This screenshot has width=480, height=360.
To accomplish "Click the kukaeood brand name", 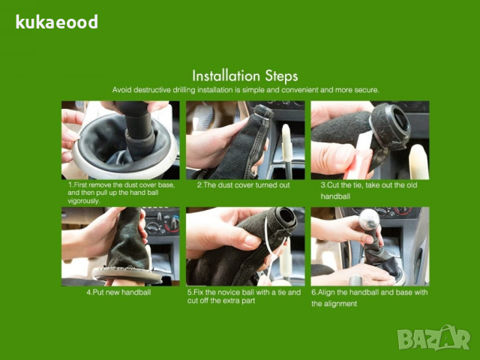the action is (57, 22).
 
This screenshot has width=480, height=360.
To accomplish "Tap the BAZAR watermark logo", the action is (433, 337).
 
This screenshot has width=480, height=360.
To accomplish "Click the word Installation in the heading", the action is (226, 75).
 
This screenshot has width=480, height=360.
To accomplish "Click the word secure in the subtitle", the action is (367, 90).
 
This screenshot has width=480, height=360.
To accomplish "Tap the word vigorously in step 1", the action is (84, 201).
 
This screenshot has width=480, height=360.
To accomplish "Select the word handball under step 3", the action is (335, 196).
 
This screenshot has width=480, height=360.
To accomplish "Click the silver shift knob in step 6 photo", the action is (369, 219).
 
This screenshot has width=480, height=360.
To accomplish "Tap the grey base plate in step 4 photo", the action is (127, 274).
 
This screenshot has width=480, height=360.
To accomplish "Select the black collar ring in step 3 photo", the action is (390, 126).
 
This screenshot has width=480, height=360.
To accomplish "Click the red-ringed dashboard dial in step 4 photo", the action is (172, 225).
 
